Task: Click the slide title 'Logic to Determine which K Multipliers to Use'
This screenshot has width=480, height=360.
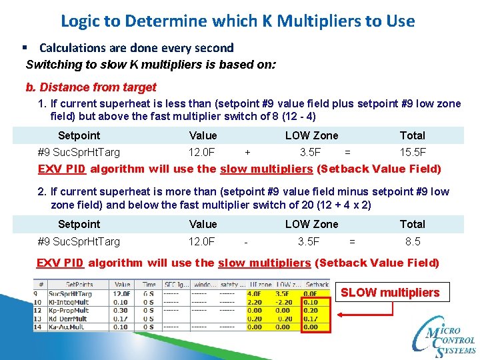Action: click(x=237, y=21)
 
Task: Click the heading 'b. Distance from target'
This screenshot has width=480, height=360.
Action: click(x=91, y=87)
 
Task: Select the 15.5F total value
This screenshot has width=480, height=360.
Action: click(x=413, y=152)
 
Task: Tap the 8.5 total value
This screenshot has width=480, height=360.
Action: click(x=413, y=241)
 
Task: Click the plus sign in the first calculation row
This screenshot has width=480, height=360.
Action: click(x=248, y=152)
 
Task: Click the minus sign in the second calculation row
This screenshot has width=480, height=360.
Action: click(x=247, y=241)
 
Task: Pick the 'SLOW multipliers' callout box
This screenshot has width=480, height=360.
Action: click(x=390, y=293)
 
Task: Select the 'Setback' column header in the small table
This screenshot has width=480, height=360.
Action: click(x=317, y=284)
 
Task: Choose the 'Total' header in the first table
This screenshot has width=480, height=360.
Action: click(x=412, y=135)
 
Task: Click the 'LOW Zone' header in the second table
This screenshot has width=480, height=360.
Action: click(x=311, y=225)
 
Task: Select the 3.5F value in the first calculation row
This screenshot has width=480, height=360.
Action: click(x=310, y=152)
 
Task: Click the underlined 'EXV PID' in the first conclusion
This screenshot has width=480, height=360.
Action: click(x=62, y=169)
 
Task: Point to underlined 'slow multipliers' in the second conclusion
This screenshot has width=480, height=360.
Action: click(x=264, y=263)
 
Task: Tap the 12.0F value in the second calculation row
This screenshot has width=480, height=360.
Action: click(x=202, y=241)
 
